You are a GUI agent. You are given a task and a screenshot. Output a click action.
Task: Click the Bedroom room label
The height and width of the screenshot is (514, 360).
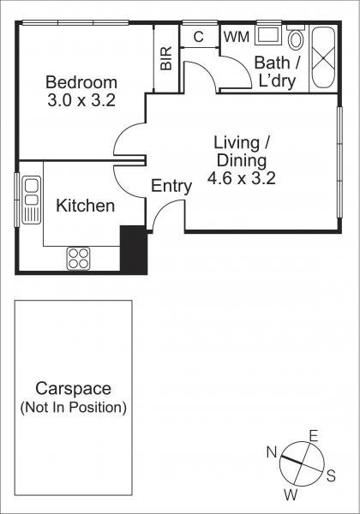pyautogui.click(x=81, y=82)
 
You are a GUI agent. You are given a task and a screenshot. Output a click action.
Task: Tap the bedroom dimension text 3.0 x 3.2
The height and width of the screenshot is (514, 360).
pyautogui.click(x=81, y=100)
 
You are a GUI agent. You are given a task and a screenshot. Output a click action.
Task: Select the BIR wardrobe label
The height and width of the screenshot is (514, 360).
pyautogui.click(x=166, y=58)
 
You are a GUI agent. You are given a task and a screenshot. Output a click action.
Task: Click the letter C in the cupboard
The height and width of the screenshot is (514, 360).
pyautogui.click(x=198, y=37)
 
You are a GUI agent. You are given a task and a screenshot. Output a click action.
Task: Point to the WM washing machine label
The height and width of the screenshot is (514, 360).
pyautogui.click(x=237, y=37)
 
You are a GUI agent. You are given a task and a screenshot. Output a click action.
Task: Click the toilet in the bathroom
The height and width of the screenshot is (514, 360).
pyautogui.click(x=296, y=37)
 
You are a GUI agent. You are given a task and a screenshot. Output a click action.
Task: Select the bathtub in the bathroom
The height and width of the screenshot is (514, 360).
pyautogui.click(x=323, y=57)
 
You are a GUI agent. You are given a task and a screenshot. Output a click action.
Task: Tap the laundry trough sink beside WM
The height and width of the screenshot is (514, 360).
pyautogui.click(x=267, y=34)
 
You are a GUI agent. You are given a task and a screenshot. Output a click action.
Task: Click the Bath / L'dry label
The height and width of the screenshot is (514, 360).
pyautogui.click(x=277, y=71)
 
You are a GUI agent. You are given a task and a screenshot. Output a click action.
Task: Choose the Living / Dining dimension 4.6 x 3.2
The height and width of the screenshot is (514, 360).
pyautogui.click(x=242, y=179)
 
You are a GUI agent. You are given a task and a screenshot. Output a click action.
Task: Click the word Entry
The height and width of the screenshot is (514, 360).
pyautogui.click(x=171, y=186)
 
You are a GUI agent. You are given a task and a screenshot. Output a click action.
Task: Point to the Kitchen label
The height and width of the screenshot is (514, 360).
pyautogui.click(x=85, y=206)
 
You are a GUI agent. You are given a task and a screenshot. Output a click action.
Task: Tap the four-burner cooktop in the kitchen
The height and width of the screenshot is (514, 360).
pyautogui.click(x=78, y=259)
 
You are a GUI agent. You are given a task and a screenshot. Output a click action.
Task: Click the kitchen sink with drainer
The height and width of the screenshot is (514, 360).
pyautogui.click(x=32, y=200)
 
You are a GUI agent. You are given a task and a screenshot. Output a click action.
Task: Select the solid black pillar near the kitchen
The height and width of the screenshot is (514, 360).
pyautogui.click(x=134, y=249)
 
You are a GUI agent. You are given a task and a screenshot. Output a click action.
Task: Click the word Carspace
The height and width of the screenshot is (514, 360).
pyautogui.click(x=73, y=388)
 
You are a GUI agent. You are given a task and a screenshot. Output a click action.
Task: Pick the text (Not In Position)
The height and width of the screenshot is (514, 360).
pyautogui.click(x=74, y=408)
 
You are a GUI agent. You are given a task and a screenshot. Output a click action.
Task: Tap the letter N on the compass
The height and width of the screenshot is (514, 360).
pyautogui.click(x=272, y=452)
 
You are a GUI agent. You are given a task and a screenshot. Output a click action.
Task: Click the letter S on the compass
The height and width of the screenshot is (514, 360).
pyautogui.click(x=331, y=475)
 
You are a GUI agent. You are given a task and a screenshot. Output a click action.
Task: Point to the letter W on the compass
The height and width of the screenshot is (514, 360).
pyautogui.click(x=291, y=495)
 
